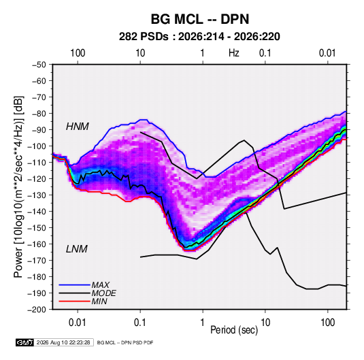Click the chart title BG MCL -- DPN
200,19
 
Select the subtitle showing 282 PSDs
199,37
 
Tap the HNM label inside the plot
78,127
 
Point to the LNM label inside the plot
77,249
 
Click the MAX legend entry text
100,284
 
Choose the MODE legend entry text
104,293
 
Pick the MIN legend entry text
99,301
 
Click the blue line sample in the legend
75,284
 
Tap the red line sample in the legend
75,301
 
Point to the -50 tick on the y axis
39,65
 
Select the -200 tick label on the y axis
37,310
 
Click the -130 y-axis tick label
37,195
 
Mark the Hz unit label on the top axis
234,53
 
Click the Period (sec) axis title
234,330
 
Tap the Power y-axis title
18,187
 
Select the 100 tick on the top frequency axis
78,53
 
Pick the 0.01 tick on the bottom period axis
78,323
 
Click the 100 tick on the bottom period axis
327,323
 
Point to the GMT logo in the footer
24,342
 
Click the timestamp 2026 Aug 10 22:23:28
63,342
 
